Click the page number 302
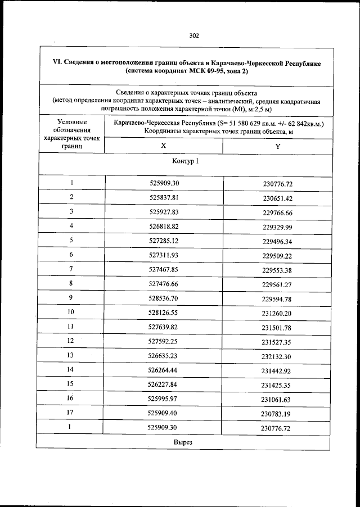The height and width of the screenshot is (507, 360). (194, 35)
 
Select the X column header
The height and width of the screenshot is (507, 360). (163, 145)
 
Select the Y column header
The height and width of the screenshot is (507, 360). (277, 146)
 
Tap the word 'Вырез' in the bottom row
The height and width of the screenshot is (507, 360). (183, 442)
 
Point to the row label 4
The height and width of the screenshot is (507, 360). (71, 226)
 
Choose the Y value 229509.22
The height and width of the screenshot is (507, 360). (277, 255)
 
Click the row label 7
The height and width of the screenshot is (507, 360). (71, 269)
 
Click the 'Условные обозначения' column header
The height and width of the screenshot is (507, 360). (71, 134)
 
